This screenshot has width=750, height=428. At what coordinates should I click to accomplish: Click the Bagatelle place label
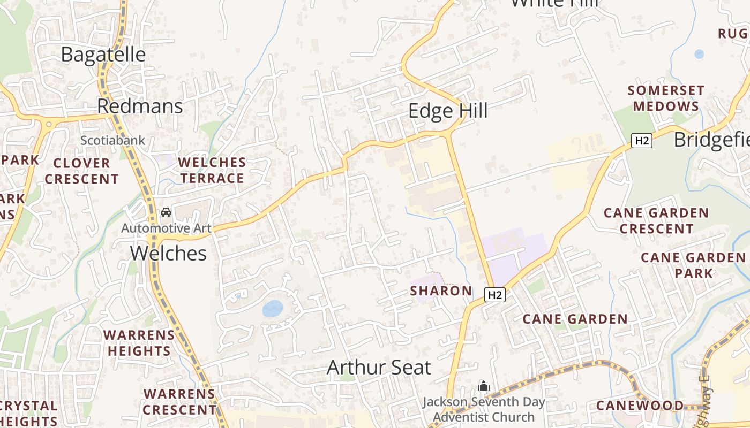(103, 55)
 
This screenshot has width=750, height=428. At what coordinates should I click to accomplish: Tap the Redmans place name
(140, 106)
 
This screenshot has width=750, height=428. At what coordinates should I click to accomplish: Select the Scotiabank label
(112, 141)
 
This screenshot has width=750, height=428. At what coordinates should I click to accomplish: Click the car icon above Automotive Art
(166, 212)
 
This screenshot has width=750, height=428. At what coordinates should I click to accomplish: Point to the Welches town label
(168, 253)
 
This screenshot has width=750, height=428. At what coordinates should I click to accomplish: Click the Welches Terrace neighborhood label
(212, 170)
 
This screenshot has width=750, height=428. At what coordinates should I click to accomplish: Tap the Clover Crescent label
(81, 171)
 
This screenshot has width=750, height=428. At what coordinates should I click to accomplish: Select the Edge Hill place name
(448, 111)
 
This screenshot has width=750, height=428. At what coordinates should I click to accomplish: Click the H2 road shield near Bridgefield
(641, 141)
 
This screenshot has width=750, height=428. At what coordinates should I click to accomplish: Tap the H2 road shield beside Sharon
(496, 295)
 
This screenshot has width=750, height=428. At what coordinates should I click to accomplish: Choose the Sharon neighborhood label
(441, 291)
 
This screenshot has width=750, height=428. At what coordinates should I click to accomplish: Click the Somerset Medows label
(666, 98)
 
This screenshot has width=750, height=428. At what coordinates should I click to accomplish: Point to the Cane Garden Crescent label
(656, 221)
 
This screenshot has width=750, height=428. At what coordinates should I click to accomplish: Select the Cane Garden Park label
(693, 265)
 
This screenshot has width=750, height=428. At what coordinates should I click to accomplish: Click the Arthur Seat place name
(379, 368)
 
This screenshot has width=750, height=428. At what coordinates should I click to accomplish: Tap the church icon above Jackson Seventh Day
(484, 386)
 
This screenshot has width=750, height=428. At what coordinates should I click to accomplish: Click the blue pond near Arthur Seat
(273, 309)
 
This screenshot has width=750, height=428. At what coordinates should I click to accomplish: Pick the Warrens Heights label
(139, 343)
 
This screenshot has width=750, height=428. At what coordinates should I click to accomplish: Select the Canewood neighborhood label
(640, 406)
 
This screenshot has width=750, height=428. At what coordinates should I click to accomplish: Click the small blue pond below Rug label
(699, 54)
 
